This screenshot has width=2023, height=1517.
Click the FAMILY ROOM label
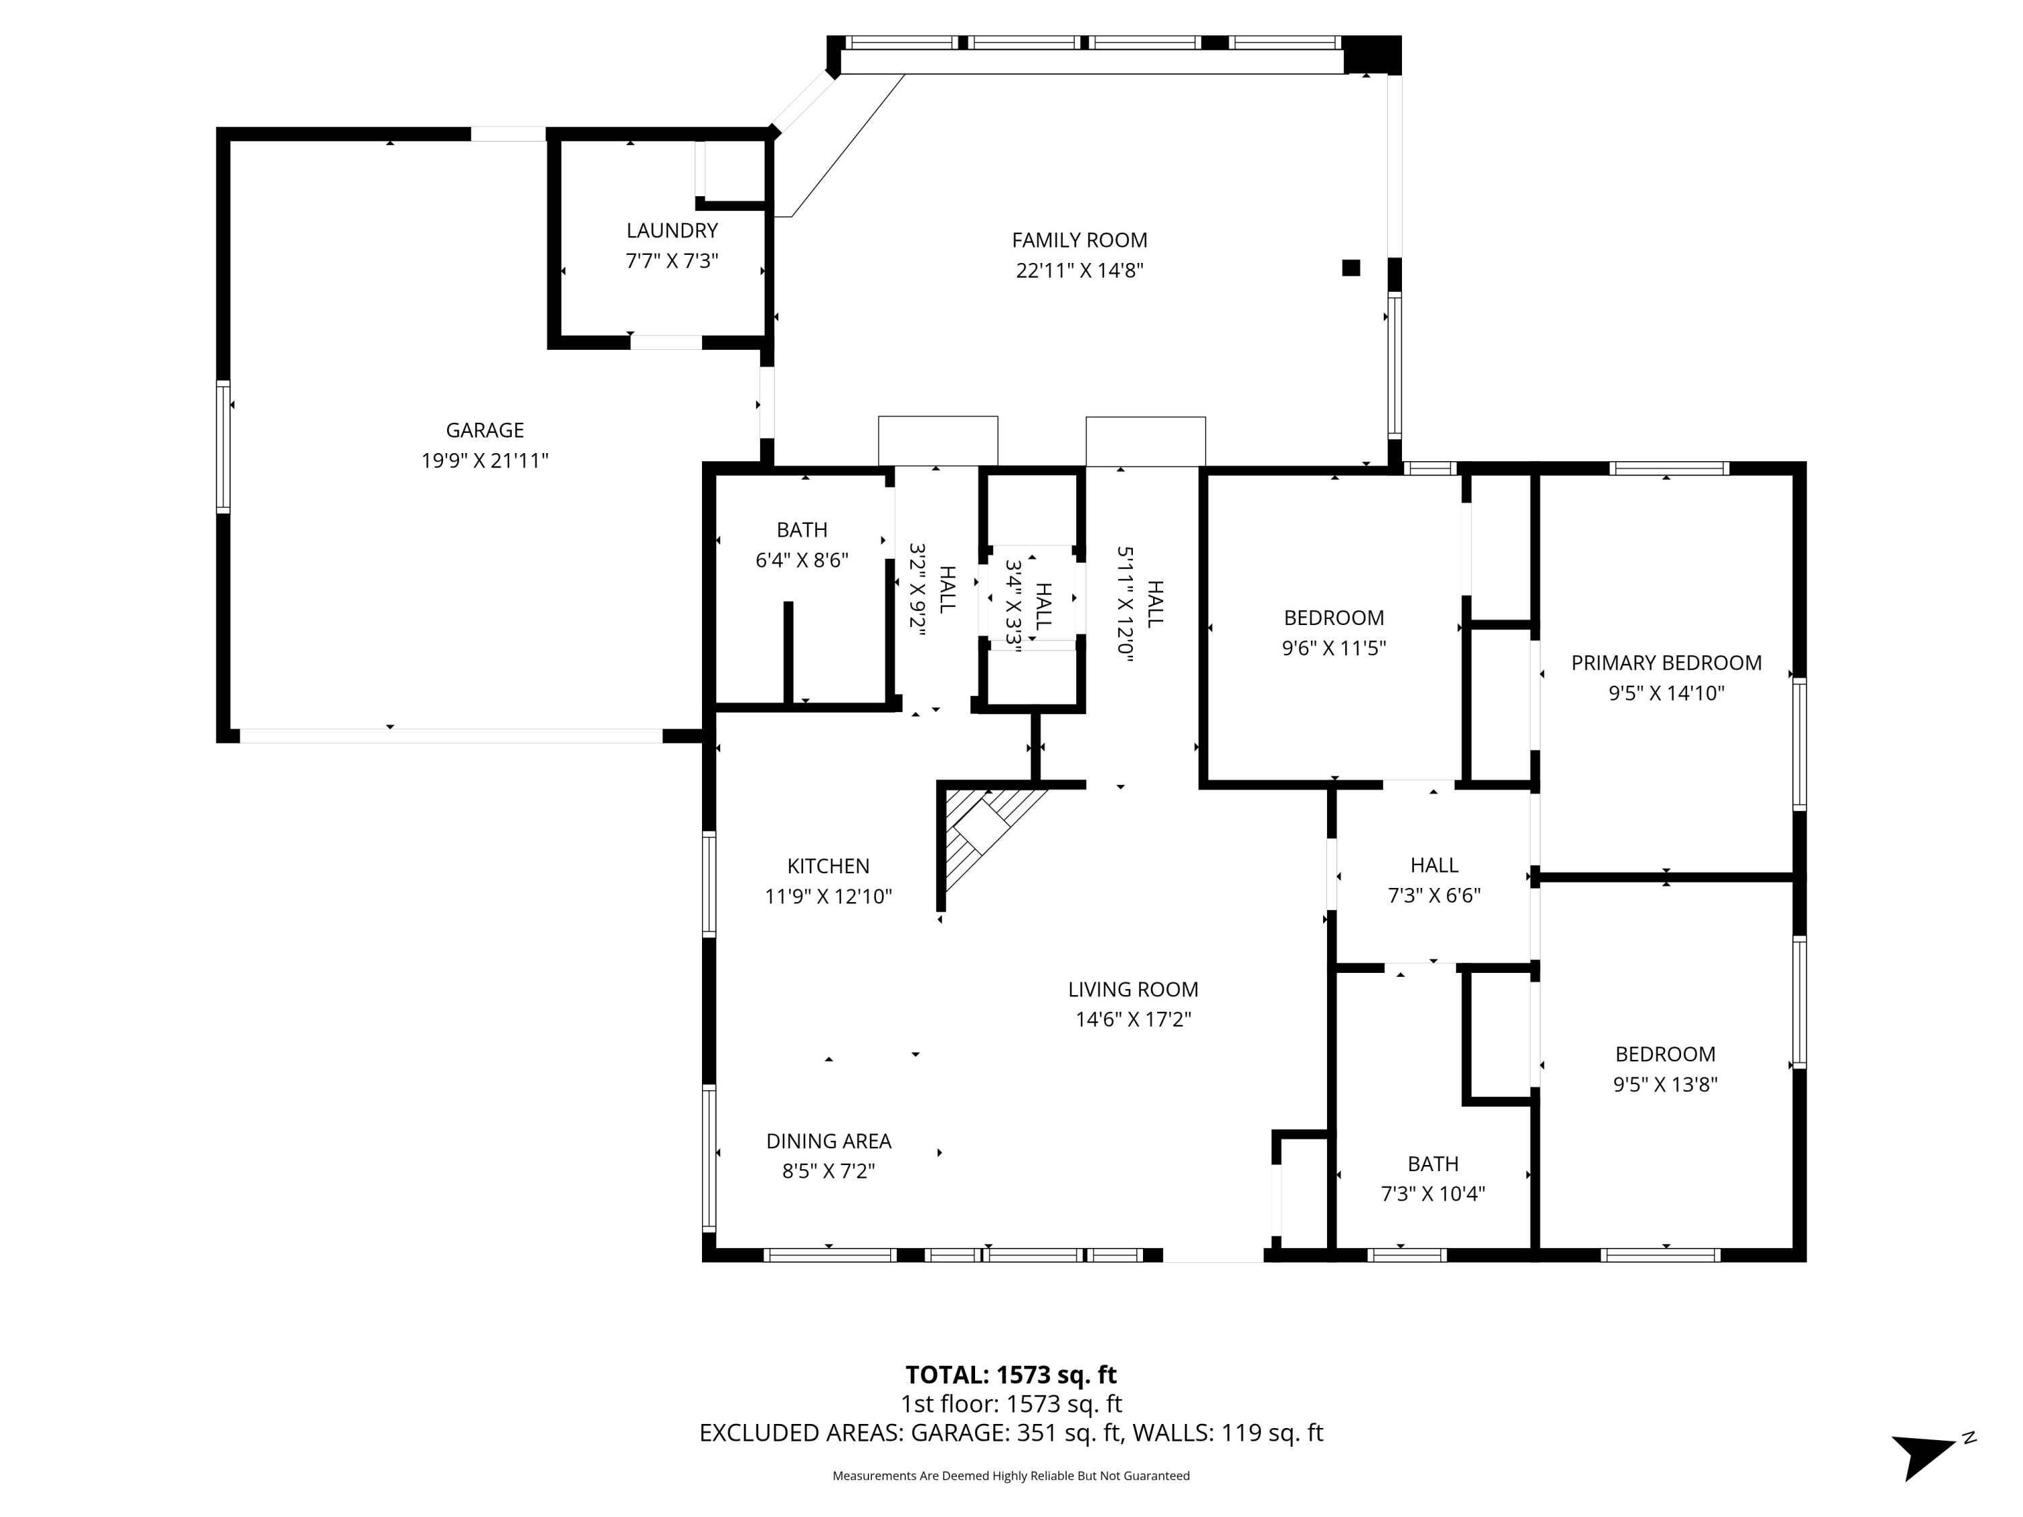coord(1079,241)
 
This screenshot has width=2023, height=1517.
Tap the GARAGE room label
coord(485,431)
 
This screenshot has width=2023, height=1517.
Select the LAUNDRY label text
coord(672,231)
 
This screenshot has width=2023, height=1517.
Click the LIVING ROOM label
coord(1133,989)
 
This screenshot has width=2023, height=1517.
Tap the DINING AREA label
coord(829,1141)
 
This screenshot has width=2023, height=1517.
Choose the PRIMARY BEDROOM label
coord(1666,663)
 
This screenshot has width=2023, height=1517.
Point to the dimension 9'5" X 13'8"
coord(1666,1084)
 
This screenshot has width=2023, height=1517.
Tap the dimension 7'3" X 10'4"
coord(1433,1193)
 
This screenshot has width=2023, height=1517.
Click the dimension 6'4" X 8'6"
coord(802,560)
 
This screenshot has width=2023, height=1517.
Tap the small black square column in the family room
coord(1351,268)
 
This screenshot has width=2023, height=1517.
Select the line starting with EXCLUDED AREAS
coord(1011,1433)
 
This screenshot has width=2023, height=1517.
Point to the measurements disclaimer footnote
coord(1011,1476)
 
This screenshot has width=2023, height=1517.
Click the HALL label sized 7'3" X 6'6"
coord(1434,865)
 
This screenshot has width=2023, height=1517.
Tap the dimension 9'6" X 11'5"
coord(1335,649)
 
